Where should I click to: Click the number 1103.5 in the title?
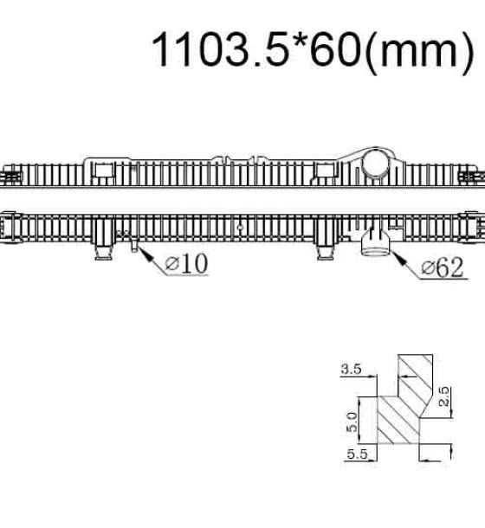tap(220, 49)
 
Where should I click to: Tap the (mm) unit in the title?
tap(420, 53)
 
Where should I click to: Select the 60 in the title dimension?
tap(334, 49)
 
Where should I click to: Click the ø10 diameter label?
tap(187, 263)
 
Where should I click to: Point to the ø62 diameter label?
tap(443, 267)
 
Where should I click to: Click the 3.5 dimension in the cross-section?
tap(351, 369)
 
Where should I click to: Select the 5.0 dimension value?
tap(352, 422)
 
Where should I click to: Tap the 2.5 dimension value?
tap(444, 396)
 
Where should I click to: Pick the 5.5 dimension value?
tap(357, 454)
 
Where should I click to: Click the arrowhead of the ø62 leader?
tap(397, 257)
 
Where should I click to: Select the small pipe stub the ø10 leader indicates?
tap(135, 246)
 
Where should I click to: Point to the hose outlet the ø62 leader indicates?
tap(375, 245)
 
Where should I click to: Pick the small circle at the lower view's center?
tap(240, 228)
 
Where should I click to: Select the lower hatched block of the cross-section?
tap(398, 420)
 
